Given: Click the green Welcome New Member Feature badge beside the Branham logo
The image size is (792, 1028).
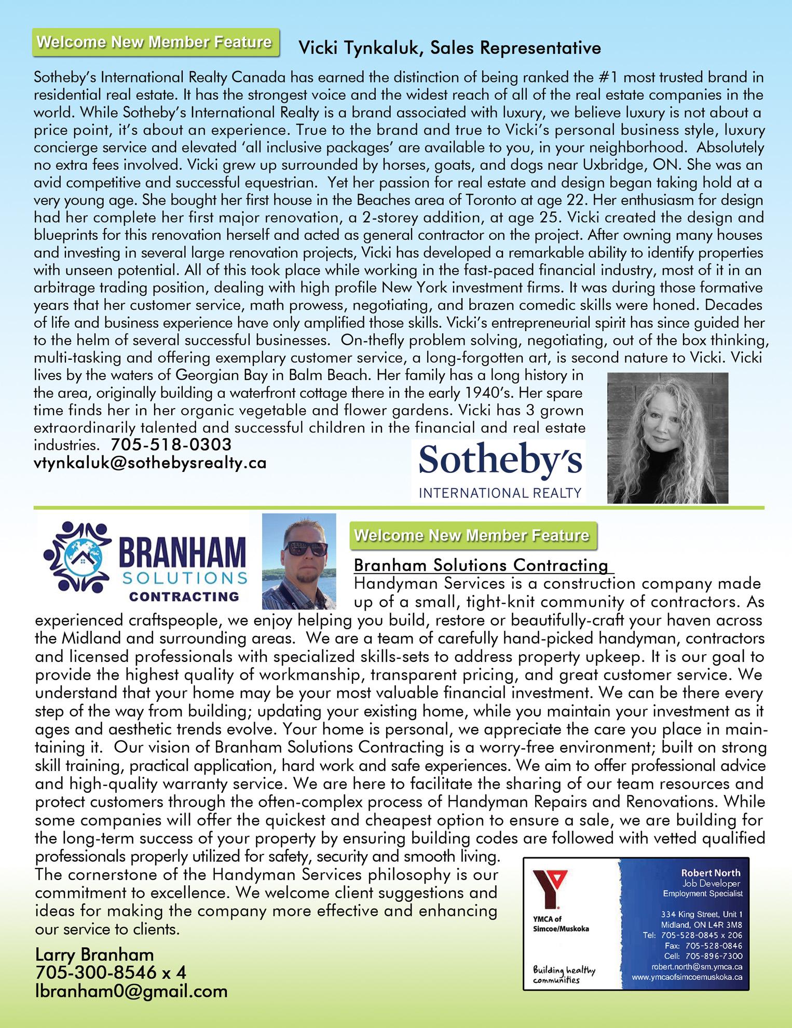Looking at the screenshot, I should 473,535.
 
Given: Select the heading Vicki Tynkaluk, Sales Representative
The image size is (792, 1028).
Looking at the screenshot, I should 449,48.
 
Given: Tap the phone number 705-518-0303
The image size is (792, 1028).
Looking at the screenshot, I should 171,445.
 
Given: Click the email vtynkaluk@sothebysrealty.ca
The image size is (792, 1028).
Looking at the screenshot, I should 150,463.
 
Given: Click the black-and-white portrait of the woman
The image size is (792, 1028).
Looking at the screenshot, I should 667,438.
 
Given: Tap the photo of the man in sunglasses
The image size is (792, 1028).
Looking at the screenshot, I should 299,561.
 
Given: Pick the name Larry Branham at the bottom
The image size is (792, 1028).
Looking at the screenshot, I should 94,954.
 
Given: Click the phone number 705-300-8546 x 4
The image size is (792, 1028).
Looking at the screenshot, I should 111,972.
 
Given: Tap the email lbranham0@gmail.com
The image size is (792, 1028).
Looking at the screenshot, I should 131,991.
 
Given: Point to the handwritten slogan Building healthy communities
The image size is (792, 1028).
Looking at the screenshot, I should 564,975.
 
